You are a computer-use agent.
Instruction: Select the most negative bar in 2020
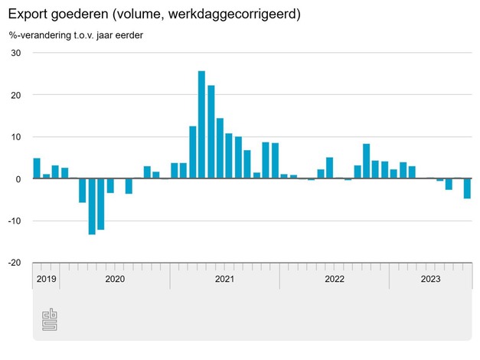(92, 206)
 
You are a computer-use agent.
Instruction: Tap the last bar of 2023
(467, 188)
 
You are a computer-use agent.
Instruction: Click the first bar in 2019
(37, 169)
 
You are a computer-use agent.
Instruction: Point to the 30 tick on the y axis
(15, 53)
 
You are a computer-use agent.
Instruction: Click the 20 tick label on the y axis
(15, 95)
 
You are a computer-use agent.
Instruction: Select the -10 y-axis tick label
(14, 221)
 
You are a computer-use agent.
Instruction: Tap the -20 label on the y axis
(14, 263)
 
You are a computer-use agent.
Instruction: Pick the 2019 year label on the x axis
(46, 279)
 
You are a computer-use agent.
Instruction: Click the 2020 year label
(114, 279)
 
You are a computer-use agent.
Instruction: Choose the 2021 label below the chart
(224, 279)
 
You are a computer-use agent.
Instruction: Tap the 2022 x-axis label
(335, 279)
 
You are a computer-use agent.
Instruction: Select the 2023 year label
(430, 279)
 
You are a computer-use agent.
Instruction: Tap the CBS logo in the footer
(49, 320)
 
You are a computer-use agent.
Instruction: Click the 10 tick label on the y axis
(15, 136)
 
